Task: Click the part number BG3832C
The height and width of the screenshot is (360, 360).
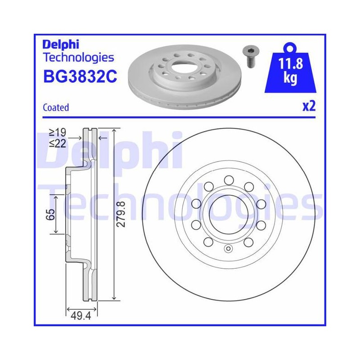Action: click(80, 76)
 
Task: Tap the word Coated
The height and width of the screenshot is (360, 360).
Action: click(56, 108)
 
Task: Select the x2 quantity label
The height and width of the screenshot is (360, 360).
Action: click(309, 106)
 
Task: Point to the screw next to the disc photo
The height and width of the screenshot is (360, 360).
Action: click(249, 56)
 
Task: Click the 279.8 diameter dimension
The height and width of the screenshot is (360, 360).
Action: click(121, 214)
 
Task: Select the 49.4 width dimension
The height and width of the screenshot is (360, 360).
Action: click(81, 316)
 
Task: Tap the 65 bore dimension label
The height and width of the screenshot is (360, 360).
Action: click(50, 215)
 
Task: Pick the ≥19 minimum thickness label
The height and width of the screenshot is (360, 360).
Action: click(58, 132)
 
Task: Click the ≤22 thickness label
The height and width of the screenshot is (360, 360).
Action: click(58, 144)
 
